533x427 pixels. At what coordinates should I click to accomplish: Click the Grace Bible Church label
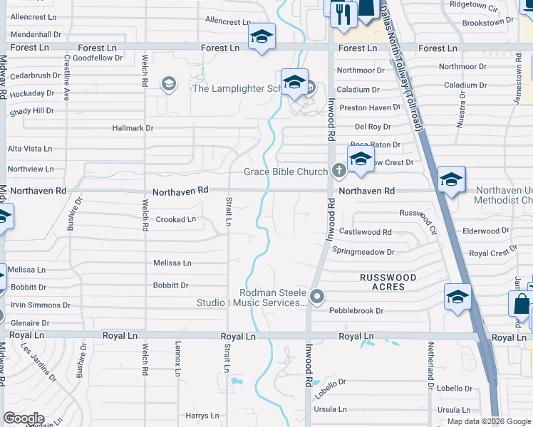pos(285,172)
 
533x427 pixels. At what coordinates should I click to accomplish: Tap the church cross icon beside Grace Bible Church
pos(338,171)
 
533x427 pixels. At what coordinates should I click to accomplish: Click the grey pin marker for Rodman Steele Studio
pos(318,296)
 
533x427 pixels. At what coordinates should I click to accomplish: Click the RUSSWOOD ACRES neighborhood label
pos(382,282)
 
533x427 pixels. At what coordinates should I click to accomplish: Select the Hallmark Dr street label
pos(133,128)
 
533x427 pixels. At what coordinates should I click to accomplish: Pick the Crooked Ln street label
pos(175,220)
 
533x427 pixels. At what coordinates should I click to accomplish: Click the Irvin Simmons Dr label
pos(39,305)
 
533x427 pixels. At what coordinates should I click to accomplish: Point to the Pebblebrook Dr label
pos(356,311)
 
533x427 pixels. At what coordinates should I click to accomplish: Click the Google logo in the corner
pos(24,418)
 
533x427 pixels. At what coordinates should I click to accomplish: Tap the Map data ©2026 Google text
pos(489,421)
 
